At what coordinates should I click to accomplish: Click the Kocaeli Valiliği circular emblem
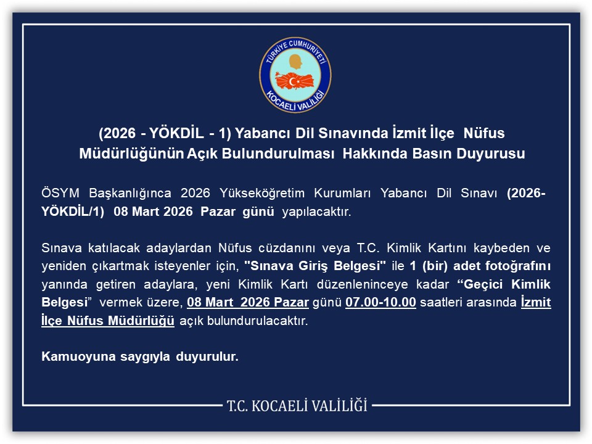295,75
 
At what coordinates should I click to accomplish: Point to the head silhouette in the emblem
295,62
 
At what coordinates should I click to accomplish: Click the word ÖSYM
60,194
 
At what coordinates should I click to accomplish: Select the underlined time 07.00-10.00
380,303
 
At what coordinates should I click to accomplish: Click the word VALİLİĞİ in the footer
337,406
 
